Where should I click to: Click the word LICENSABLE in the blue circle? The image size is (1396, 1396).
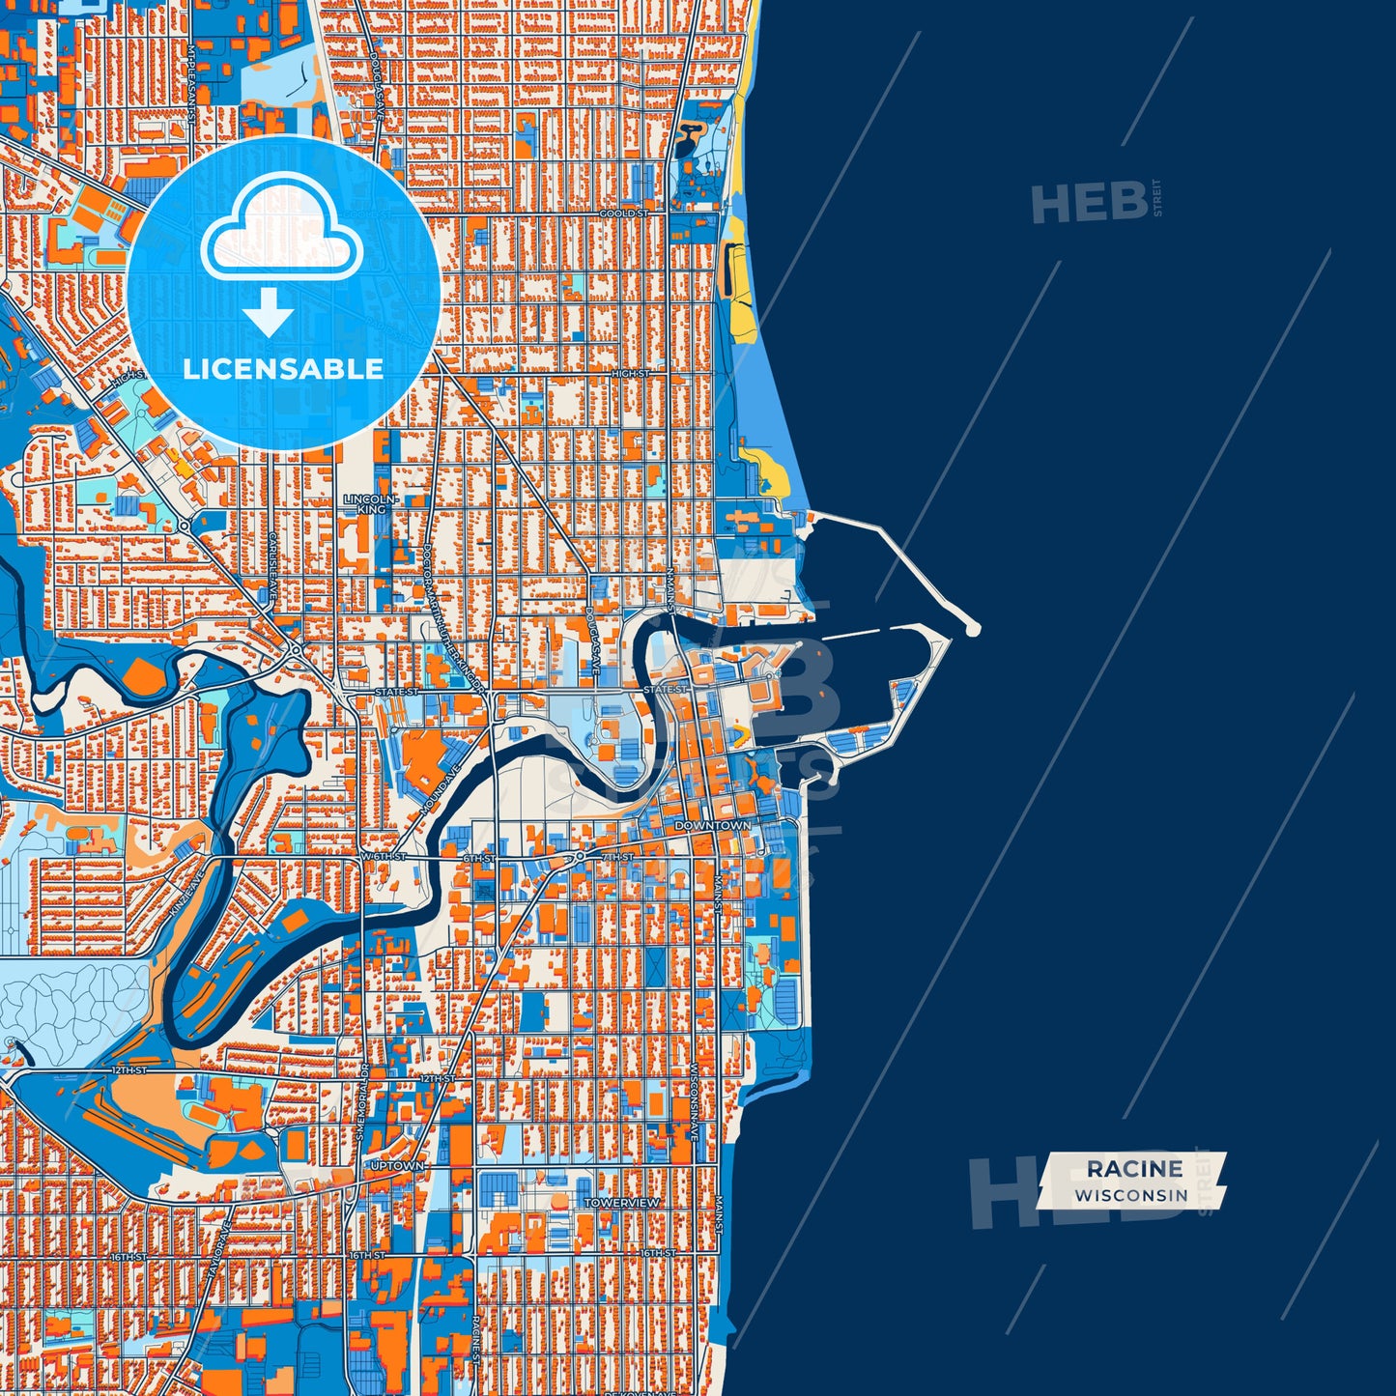[283, 369]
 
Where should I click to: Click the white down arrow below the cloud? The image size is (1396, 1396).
[268, 315]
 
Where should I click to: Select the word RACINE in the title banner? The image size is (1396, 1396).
[1134, 1169]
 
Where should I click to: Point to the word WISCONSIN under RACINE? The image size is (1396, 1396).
[1131, 1195]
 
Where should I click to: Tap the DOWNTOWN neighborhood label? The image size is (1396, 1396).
[712, 826]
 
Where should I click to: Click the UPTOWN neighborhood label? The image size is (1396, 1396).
[397, 1166]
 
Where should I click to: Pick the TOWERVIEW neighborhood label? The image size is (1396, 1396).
[622, 1203]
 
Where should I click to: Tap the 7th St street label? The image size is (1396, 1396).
[617, 857]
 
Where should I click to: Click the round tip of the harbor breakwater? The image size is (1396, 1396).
[972, 630]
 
